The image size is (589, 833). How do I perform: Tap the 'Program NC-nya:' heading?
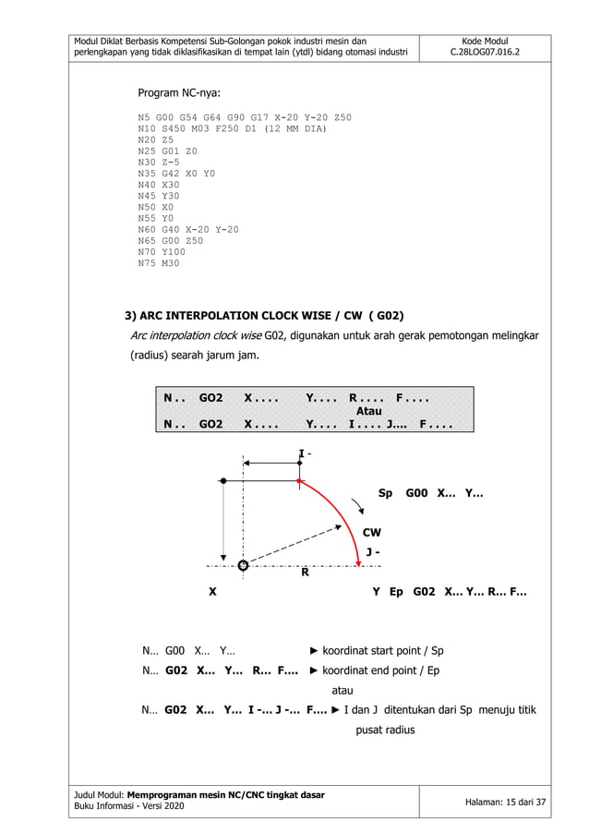pyautogui.click(x=179, y=93)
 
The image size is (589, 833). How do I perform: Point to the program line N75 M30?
pyautogui.click(x=159, y=264)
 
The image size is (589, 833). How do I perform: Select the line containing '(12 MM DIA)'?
pyautogui.click(x=232, y=129)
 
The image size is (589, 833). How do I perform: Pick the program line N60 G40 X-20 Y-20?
pyautogui.click(x=187, y=228)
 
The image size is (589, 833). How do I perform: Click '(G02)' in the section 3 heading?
pyautogui.click(x=388, y=314)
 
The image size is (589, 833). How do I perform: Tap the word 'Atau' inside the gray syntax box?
pyautogui.click(x=368, y=411)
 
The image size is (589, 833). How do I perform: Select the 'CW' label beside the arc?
pyautogui.click(x=371, y=533)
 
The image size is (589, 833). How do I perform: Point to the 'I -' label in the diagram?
pyautogui.click(x=304, y=453)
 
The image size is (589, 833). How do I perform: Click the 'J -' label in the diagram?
pyautogui.click(x=373, y=551)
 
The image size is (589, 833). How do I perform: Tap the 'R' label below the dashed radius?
pyautogui.click(x=305, y=573)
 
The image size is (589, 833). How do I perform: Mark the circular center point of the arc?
pyautogui.click(x=243, y=564)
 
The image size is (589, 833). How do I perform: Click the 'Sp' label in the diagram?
pyautogui.click(x=386, y=494)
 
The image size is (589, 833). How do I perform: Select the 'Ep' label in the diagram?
pyautogui.click(x=397, y=592)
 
